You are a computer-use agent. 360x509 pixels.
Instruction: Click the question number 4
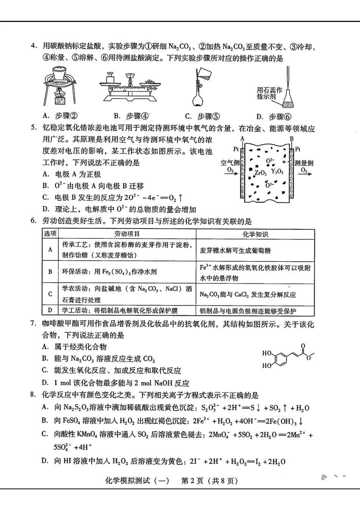tap(34, 46)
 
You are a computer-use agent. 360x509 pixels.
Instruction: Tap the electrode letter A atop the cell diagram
tap(243, 139)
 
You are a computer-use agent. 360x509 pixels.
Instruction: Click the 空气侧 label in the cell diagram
tap(230, 163)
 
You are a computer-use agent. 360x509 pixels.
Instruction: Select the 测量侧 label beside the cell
tap(304, 163)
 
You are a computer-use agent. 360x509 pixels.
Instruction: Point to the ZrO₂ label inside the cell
tap(261, 172)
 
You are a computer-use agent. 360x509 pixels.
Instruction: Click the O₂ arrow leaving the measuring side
tap(304, 172)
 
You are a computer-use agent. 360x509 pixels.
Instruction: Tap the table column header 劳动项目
tap(127, 234)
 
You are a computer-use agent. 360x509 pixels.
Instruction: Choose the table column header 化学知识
tap(255, 234)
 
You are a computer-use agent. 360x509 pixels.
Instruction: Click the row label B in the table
tap(50, 272)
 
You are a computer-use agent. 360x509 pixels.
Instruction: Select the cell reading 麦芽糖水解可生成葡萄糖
tap(235, 251)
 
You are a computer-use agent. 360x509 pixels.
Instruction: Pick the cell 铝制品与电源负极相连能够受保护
tap(248, 311)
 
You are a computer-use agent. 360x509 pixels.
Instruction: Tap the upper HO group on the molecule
tap(267, 353)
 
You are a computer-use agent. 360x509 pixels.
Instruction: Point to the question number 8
tap(34, 395)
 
